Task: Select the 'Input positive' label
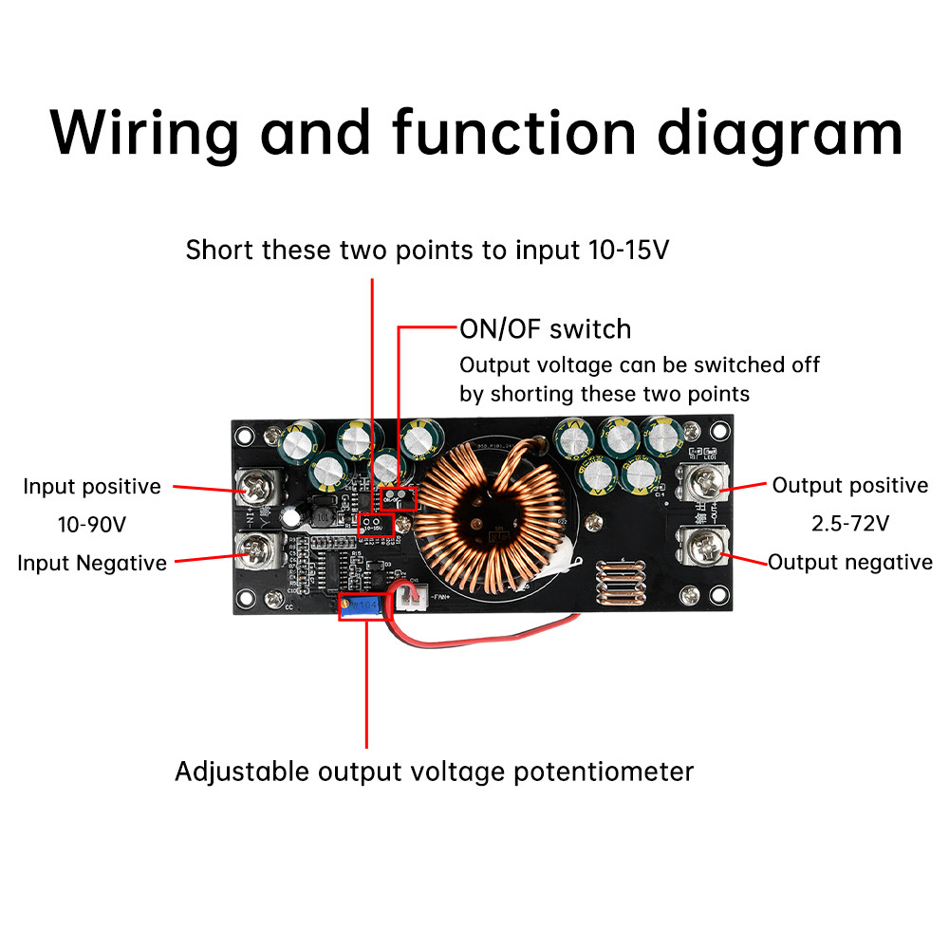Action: click(x=92, y=487)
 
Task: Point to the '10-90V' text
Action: click(x=92, y=524)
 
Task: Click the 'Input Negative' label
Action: click(x=92, y=563)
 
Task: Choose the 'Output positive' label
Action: click(x=849, y=486)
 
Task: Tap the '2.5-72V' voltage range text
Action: click(x=849, y=524)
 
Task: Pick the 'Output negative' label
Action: click(x=850, y=563)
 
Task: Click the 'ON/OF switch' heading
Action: click(x=545, y=329)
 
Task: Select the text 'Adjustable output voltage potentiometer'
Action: click(x=434, y=772)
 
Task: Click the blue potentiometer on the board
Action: click(x=362, y=605)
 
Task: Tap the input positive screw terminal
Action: click(x=259, y=491)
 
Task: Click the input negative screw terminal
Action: click(x=258, y=549)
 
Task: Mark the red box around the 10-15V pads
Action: click(x=377, y=522)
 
